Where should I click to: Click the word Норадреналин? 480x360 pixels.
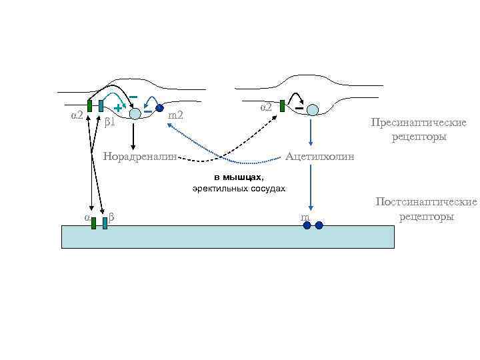[x=141, y=157]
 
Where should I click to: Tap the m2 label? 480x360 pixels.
[x=176, y=116]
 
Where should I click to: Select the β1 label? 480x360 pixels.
[x=110, y=122]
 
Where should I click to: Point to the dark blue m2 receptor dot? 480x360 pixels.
[x=159, y=108]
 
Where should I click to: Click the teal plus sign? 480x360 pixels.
[x=117, y=107]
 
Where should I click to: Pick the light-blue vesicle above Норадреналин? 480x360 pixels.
[x=135, y=113]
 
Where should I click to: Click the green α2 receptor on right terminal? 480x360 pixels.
[x=283, y=106]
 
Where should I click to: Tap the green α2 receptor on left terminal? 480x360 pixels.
[x=89, y=106]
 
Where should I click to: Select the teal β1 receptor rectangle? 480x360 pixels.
[x=100, y=106]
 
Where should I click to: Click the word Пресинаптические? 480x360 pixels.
[x=419, y=123]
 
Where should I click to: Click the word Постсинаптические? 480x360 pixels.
[x=426, y=202]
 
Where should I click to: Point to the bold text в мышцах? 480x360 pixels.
[x=239, y=177]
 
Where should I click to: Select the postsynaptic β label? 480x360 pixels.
[x=111, y=217]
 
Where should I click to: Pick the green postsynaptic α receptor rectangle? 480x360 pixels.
[x=94, y=223]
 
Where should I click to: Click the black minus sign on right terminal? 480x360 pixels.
[x=299, y=107]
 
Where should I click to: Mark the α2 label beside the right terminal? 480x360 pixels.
[x=266, y=106]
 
